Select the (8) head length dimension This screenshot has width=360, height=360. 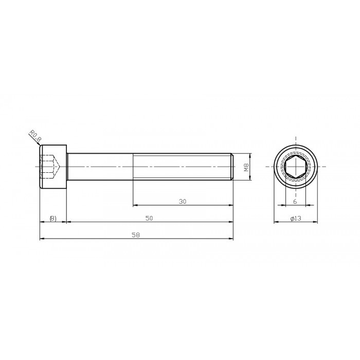(53, 218)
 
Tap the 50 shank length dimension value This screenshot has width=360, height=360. (149, 218)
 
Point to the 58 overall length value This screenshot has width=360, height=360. (136, 235)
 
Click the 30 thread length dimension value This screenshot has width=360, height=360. (183, 201)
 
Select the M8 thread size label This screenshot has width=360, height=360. (246, 167)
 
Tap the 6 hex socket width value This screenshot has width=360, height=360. (295, 201)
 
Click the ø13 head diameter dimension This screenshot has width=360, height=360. (295, 218)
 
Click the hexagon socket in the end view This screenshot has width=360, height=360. (295, 167)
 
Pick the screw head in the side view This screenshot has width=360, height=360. (53, 167)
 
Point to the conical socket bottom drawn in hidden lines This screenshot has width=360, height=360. (60, 167)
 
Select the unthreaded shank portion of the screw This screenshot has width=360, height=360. (100, 167)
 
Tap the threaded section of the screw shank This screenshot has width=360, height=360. (183, 167)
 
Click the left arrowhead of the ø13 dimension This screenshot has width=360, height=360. (275, 222)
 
